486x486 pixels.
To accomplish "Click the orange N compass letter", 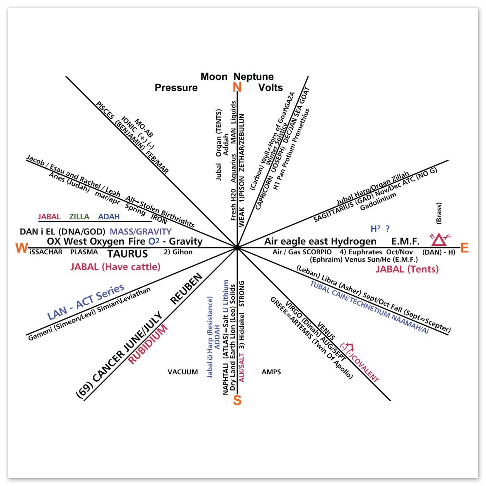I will click(237, 87).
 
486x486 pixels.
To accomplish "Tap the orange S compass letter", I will click(237, 401).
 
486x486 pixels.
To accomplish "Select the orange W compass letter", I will click(21, 248).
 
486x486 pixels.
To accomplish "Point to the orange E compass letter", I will click(464, 248).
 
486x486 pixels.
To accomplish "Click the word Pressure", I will click(176, 88).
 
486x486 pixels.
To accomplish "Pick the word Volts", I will click(270, 88).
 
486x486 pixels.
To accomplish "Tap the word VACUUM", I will click(183, 372).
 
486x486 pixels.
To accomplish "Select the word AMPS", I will click(271, 372).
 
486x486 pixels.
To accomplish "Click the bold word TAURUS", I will click(127, 254).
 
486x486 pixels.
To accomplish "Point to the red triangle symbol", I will click(439, 240).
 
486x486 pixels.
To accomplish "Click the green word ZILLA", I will click(79, 217).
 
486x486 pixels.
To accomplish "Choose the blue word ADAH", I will click(109, 217).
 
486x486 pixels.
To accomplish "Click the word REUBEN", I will click(187, 289).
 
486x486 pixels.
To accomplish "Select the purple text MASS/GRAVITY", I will click(141, 231).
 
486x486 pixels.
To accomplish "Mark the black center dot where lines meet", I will click(237, 248).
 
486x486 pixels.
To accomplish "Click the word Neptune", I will click(254, 77).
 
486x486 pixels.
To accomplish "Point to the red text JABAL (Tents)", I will click(407, 269).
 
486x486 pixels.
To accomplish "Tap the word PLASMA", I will click(84, 252).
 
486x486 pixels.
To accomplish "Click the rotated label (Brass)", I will click(439, 213).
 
